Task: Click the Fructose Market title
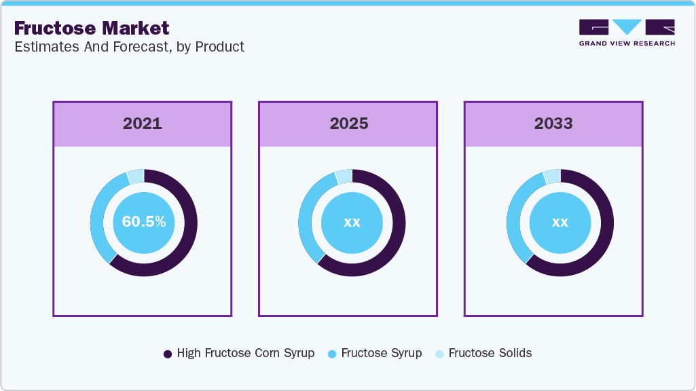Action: click(92, 28)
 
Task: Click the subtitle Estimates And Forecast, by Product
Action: click(129, 47)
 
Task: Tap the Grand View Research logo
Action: click(627, 33)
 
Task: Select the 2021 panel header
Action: click(143, 124)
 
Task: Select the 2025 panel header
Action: click(349, 124)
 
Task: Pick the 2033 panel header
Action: click(553, 124)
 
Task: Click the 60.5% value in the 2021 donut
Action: click(144, 222)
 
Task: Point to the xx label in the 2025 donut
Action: click(352, 222)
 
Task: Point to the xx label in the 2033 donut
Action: click(560, 222)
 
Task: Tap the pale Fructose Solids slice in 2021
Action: click(135, 176)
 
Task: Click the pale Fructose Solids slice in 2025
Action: click(344, 176)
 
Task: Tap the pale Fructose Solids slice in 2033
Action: click(551, 176)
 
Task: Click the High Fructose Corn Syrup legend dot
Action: click(168, 354)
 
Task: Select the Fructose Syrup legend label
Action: click(381, 353)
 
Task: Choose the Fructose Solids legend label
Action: click(490, 353)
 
